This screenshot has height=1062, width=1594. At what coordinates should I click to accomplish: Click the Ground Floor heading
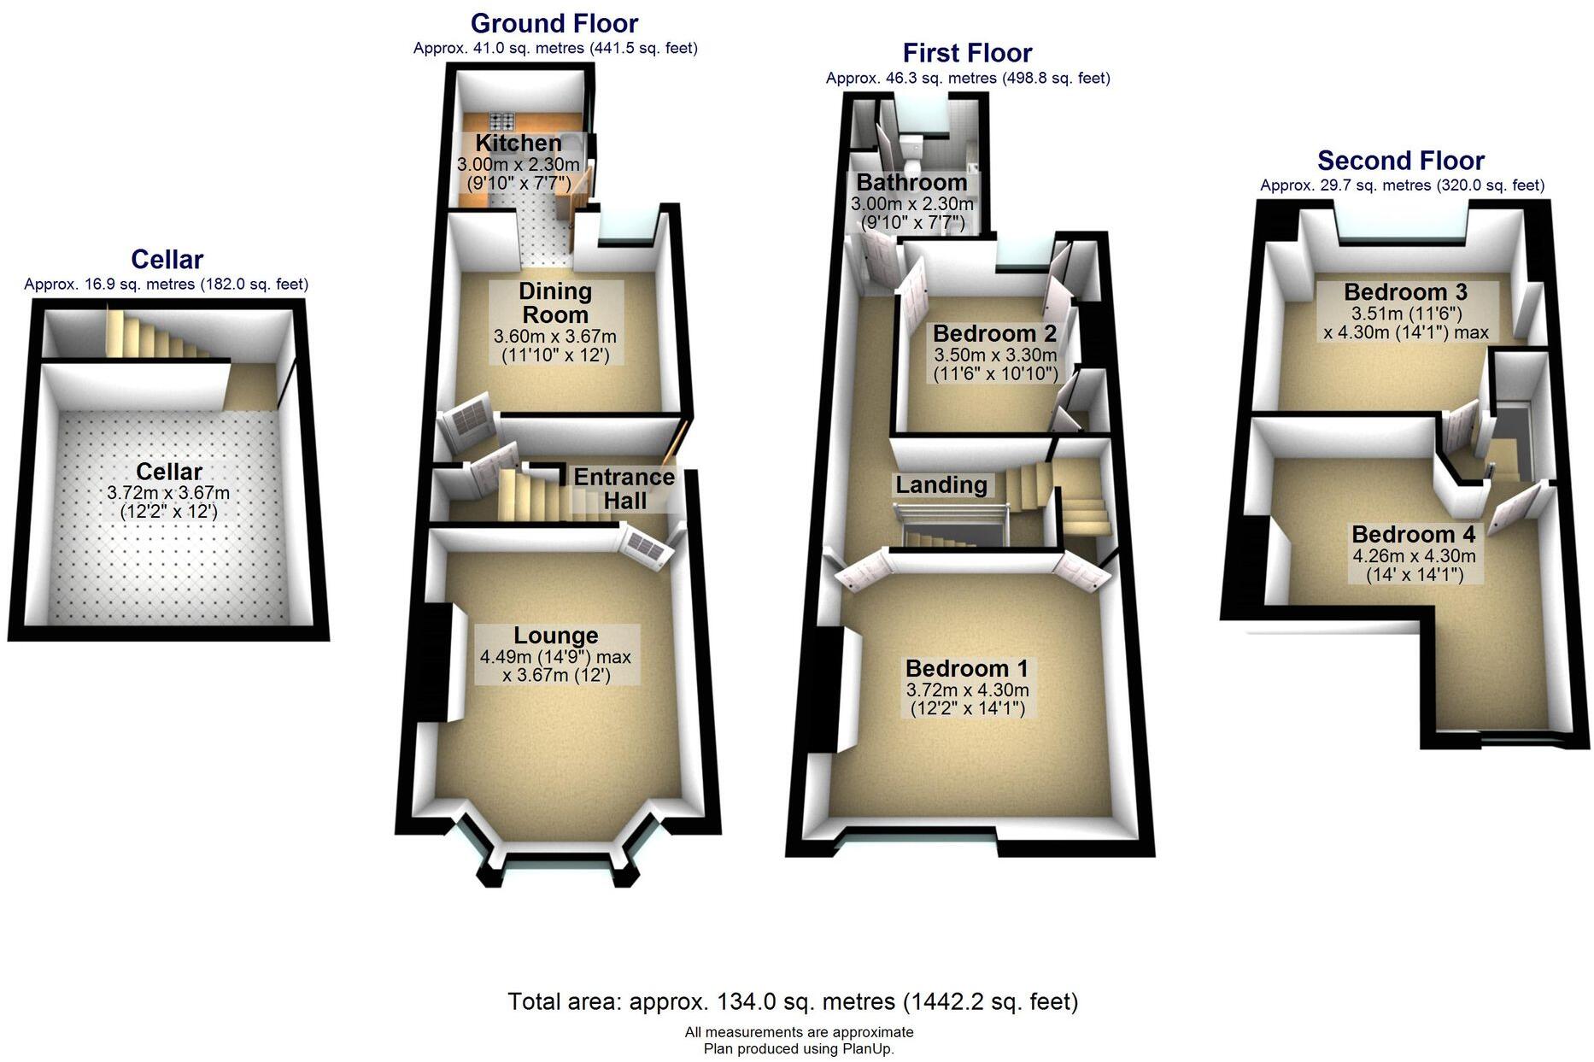[x=554, y=23]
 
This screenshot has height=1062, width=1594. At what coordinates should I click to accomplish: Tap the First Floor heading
[x=967, y=53]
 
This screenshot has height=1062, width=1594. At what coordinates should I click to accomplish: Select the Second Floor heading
[x=1401, y=161]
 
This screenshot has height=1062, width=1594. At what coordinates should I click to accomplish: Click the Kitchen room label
[x=519, y=143]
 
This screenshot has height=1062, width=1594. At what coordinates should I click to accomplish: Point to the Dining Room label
[x=555, y=302]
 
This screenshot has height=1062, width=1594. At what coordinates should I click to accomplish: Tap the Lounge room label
[x=556, y=636]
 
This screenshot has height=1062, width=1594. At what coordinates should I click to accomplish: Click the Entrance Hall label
[x=624, y=489]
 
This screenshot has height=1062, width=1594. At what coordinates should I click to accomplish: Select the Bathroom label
[x=911, y=182]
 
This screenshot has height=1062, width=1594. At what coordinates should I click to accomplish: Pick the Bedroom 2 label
[x=994, y=333]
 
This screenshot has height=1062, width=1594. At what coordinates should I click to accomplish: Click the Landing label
[x=941, y=485]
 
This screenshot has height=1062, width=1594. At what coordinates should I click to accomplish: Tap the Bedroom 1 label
[x=967, y=668]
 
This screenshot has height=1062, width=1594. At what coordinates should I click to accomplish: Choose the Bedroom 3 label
[x=1405, y=292]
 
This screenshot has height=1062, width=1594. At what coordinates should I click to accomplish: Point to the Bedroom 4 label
[x=1413, y=535]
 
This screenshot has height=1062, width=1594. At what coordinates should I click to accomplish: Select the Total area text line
[x=793, y=1001]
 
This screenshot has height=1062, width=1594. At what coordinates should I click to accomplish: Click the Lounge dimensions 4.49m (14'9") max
[x=555, y=657]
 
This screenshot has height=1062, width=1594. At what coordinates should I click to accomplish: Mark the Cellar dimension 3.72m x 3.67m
[x=168, y=493]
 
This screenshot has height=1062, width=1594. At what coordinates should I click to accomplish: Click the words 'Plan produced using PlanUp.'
[x=799, y=1048]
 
